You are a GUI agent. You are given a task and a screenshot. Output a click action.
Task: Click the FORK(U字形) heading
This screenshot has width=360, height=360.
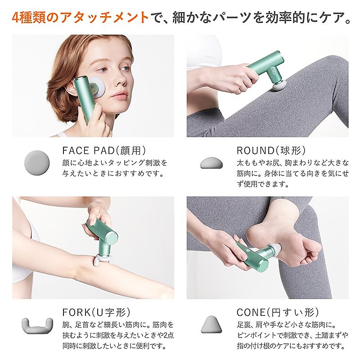coord(96,312)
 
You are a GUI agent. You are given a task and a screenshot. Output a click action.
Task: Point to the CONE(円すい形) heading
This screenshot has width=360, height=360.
coord(278,312)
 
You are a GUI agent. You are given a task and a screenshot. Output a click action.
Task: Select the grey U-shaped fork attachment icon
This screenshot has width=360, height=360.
coord(37,325)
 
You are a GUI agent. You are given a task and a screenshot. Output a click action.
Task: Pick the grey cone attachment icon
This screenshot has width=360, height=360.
coord(211,324)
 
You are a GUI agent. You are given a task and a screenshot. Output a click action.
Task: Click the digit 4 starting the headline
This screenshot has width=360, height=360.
coord(17,18)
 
